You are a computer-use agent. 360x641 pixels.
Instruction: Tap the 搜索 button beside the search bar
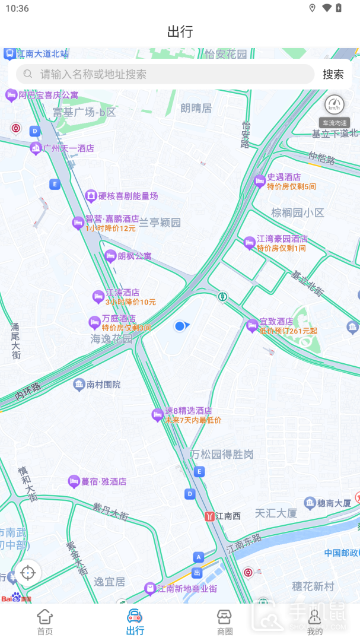point(333,74)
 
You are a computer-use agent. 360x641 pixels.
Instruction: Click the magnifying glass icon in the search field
point(27,74)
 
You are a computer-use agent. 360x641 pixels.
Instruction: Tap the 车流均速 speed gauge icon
point(334,105)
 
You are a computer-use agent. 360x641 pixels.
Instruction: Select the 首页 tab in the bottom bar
point(45,621)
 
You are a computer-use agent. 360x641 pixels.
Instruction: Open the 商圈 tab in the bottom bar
point(225,621)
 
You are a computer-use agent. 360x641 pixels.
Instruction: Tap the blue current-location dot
point(180,326)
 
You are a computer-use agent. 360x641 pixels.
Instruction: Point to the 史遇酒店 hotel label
point(283,177)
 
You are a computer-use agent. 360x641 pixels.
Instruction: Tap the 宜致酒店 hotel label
point(276,322)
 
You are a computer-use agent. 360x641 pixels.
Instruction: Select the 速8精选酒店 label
point(188,411)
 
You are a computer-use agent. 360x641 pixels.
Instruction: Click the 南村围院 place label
point(103,385)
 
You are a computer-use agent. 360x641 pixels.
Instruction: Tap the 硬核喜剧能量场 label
point(128,196)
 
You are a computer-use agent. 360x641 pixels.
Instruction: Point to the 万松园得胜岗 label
point(222,455)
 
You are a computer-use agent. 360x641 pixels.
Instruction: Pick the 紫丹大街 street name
point(110,512)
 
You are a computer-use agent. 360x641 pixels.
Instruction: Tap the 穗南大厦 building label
point(334,503)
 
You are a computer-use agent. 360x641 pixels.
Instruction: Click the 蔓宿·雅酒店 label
point(103,481)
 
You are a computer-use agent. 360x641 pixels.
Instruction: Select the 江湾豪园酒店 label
point(282,239)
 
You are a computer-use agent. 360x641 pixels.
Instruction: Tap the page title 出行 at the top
point(180,31)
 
